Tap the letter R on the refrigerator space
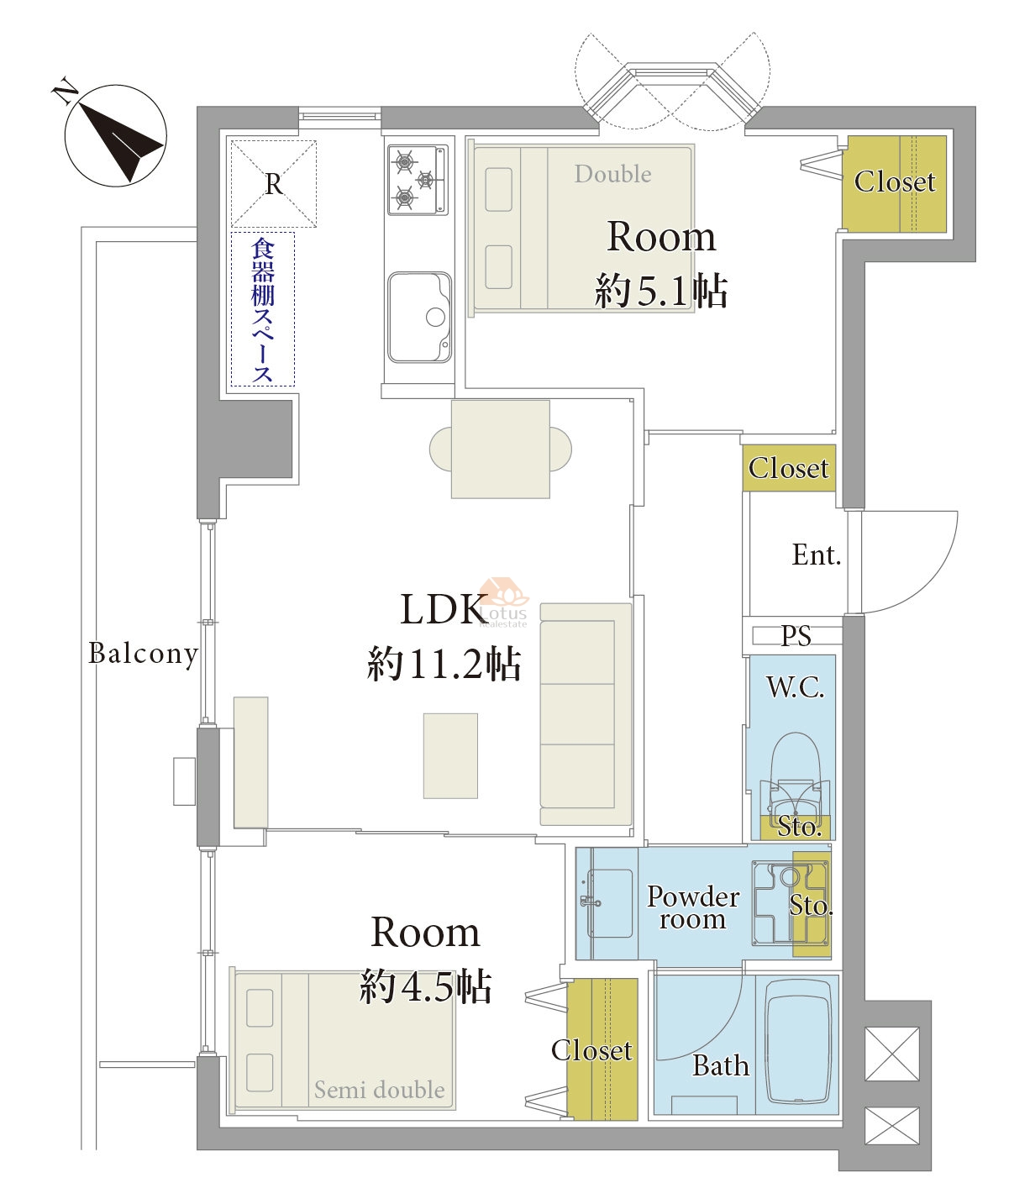coord(274,185)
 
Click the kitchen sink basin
coord(419,317)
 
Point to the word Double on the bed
coord(613,174)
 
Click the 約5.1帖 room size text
coord(661,291)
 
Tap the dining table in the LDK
coord(501,449)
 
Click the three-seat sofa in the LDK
coord(586,714)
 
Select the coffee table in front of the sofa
coord(450,756)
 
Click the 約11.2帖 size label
coord(444,665)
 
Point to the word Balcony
coord(144,654)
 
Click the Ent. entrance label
coord(817,555)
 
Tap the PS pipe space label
coord(796,635)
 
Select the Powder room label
coord(693,907)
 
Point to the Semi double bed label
coord(380,1090)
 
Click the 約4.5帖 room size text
coord(425,986)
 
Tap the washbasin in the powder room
coord(608,903)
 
